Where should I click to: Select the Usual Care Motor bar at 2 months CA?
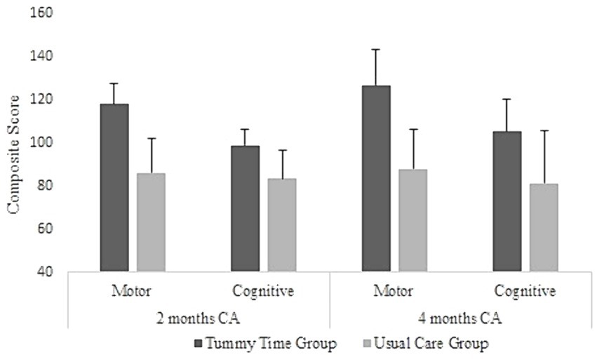pos(151,222)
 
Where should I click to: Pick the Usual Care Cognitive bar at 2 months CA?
pos(282,225)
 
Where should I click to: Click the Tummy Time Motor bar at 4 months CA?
pos(375,178)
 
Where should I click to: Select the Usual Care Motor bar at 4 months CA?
pos(412,220)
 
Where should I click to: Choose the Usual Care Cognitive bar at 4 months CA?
pos(544,227)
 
